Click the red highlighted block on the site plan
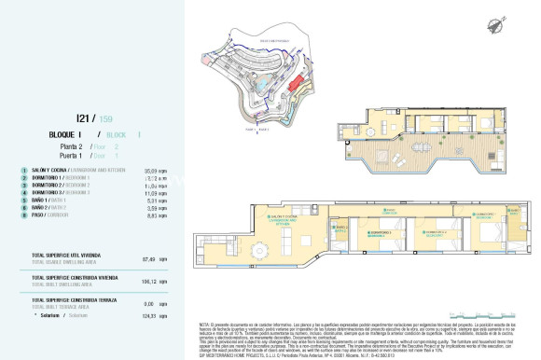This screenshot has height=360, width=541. (x=295, y=86)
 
